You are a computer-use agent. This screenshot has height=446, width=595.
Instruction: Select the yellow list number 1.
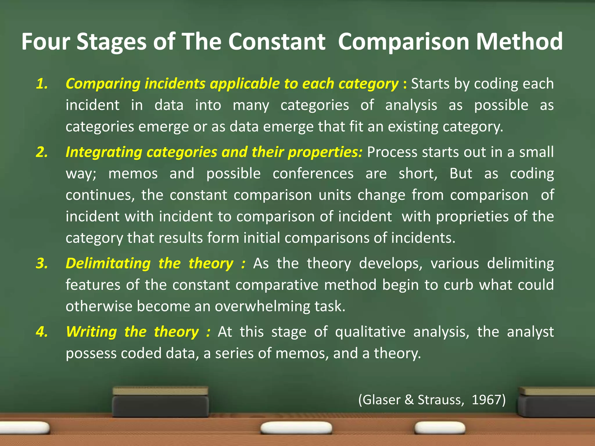tap(42, 84)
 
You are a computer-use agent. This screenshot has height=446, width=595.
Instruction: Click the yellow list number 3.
tap(42, 263)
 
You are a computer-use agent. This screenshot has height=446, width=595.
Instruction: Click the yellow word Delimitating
tap(108, 263)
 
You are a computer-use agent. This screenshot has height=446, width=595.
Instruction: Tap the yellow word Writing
tap(92, 332)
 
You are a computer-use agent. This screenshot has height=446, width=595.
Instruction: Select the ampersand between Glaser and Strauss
tap(409, 400)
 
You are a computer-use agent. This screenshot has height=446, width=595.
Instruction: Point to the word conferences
tap(313, 174)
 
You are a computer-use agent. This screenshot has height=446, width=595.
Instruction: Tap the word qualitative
tap(370, 332)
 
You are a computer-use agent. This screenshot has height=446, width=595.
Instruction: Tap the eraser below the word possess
tap(161, 402)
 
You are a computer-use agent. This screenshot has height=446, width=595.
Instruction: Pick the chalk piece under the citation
tap(439, 428)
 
